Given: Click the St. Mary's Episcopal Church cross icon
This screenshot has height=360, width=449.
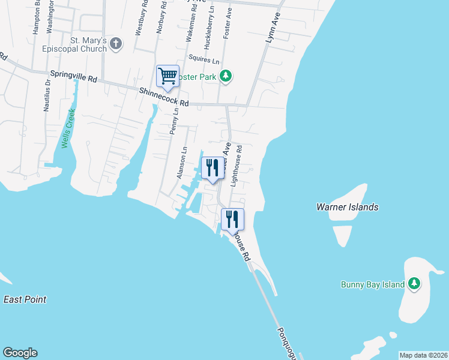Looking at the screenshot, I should click(x=116, y=44).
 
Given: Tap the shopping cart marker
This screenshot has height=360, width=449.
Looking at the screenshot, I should click(x=167, y=76).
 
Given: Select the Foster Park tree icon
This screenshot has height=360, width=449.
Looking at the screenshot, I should click(x=226, y=76).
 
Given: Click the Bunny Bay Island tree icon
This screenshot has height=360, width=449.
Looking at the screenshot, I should click(x=414, y=283).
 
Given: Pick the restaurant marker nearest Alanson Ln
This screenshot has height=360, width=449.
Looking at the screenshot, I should click(x=211, y=168).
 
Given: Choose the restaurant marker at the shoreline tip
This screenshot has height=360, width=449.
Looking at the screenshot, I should click(x=232, y=220).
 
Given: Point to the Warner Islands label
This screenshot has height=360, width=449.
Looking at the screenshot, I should click(x=348, y=207).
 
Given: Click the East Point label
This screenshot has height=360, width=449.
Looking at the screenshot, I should click(x=25, y=299).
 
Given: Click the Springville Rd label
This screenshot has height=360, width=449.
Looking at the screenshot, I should click(x=74, y=78).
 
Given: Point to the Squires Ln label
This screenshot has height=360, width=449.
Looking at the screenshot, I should click(x=203, y=59).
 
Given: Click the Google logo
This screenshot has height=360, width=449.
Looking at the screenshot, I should click(x=20, y=353).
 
